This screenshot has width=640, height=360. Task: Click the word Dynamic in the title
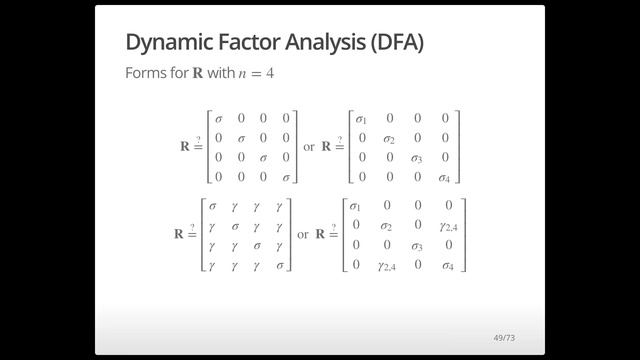coord(168,43)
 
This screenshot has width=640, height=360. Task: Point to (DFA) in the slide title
coord(395,43)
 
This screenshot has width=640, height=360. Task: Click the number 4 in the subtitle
coord(269,74)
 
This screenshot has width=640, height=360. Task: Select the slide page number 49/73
coord(504,337)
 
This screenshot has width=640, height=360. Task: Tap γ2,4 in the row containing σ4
coord(390,265)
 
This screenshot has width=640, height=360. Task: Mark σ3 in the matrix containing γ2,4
coord(420,245)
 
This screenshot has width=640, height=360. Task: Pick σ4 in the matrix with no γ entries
coord(445,177)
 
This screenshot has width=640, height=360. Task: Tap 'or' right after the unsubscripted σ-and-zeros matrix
coord(309,146)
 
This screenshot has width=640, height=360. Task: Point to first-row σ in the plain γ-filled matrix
coord(212,206)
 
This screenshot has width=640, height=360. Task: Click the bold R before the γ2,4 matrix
coord(322,234)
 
